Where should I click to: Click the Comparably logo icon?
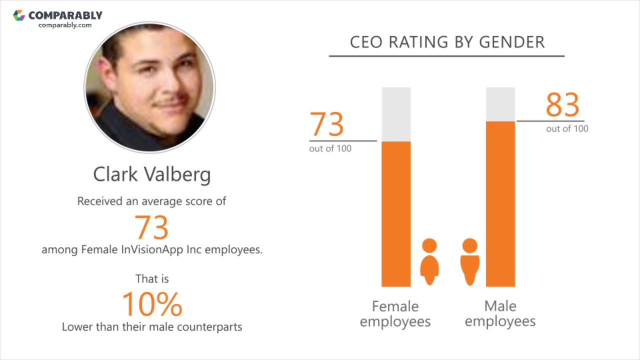click(x=19, y=15)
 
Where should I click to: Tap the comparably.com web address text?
click(x=65, y=25)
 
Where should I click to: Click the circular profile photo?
click(x=150, y=87)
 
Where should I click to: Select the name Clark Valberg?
click(x=152, y=174)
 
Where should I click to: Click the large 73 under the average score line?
click(x=152, y=227)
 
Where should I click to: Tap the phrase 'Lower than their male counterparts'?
click(x=152, y=327)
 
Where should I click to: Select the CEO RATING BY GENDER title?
click(x=447, y=42)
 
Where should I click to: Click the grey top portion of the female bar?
click(x=396, y=114)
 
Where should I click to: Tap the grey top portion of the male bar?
click(x=500, y=104)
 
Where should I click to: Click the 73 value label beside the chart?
click(x=327, y=124)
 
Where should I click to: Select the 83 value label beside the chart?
click(x=562, y=105)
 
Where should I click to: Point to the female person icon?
click(x=429, y=261)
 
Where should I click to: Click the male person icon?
click(x=469, y=261)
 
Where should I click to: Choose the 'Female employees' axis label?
click(x=395, y=313)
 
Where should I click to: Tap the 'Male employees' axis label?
click(x=500, y=313)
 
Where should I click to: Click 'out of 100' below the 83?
click(x=567, y=129)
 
